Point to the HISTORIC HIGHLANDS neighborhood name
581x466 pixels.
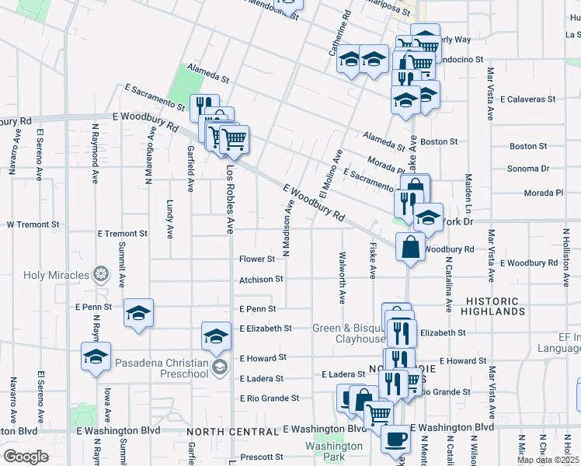coord(506,305)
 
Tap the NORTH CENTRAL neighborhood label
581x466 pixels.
coord(231,431)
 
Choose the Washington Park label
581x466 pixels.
coord(333,451)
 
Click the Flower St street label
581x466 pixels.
coord(257,259)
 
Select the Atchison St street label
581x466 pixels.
coord(261,278)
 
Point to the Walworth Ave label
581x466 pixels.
coord(342,277)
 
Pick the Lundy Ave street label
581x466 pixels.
coord(169,218)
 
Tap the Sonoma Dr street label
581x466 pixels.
coord(528,169)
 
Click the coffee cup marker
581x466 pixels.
coord(395,439)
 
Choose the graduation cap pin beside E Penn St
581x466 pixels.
coord(138,313)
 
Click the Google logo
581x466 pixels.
coord(26,457)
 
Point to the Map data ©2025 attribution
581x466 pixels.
coord(547,460)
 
